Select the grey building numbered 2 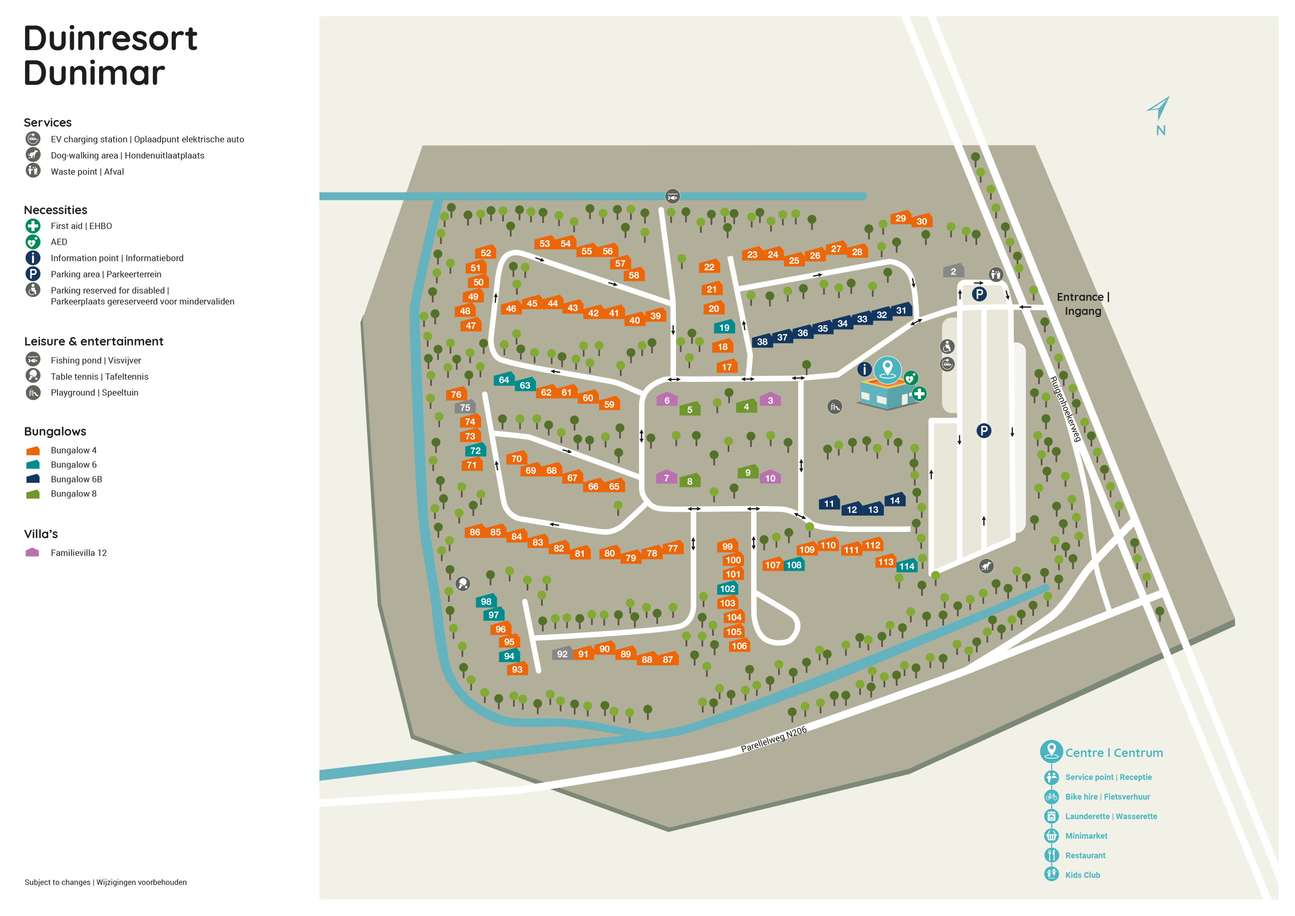953,271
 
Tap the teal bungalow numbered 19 724,327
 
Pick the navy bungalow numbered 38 762,341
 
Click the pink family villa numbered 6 667,400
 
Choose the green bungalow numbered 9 748,472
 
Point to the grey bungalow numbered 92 562,654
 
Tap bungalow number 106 739,646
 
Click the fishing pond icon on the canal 672,197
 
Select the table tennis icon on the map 462,584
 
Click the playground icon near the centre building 835,407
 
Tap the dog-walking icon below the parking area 986,566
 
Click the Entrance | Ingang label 1082,304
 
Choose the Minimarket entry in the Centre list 1086,836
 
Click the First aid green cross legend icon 33,226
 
